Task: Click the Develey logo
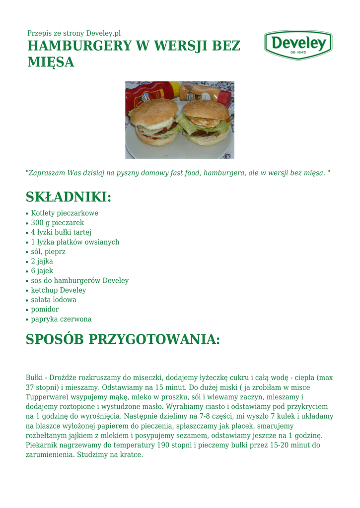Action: (298, 45)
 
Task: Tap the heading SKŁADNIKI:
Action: (69, 197)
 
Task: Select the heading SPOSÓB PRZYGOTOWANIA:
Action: (123, 340)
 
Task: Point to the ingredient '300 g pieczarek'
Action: (57, 223)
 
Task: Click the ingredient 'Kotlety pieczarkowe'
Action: (65, 213)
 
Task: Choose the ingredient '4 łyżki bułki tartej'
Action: (61, 232)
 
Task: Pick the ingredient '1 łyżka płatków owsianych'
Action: (75, 242)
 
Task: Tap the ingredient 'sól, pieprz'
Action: (48, 252)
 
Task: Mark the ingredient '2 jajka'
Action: (42, 261)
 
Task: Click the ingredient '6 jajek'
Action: (42, 271)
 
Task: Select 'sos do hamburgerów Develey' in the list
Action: (79, 281)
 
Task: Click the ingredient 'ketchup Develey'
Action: (59, 290)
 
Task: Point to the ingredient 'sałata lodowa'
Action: (54, 300)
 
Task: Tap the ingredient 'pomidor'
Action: (45, 310)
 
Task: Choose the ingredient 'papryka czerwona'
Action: (61, 319)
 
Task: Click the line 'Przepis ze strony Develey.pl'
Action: (74, 33)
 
